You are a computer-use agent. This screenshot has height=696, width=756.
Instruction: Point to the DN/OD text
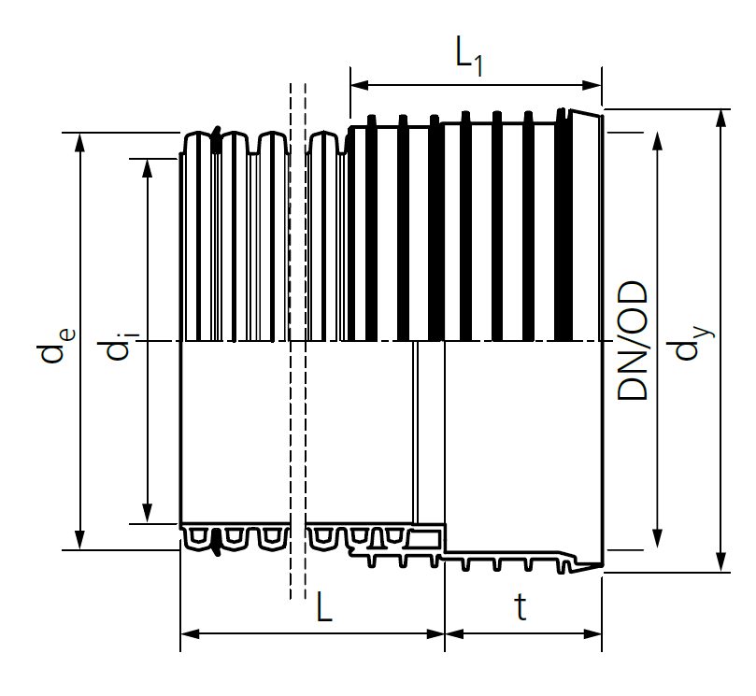(x=634, y=342)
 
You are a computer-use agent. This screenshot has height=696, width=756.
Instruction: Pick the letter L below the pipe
(x=323, y=609)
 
